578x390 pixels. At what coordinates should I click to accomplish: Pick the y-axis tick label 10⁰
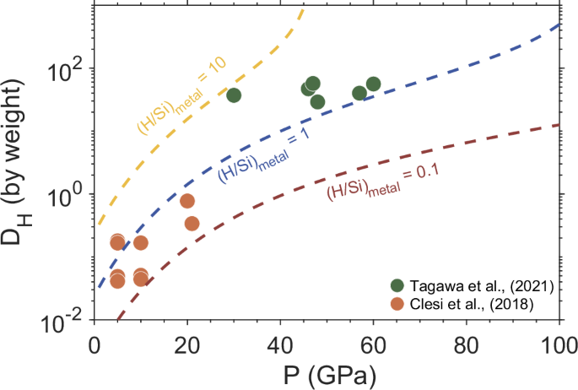coord(68,194)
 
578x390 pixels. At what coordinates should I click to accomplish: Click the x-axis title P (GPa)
coord(326,372)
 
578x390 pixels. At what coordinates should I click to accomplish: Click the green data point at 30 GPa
coord(234,95)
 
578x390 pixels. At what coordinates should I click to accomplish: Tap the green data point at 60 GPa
coord(373,84)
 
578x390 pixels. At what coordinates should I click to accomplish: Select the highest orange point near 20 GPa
coord(187,201)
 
